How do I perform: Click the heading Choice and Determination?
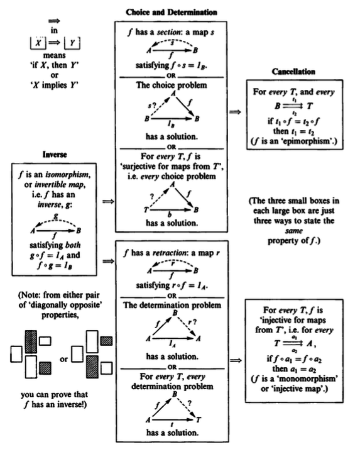172,13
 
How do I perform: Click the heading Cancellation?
293,72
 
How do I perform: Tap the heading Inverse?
55,155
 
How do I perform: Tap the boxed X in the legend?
38,43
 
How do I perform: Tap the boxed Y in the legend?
72,43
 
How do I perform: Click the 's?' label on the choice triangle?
152,106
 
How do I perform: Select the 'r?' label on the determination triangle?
192,321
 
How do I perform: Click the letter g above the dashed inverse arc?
56,216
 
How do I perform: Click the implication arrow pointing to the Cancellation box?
236,112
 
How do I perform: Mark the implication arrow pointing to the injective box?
236,360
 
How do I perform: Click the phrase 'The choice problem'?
172,85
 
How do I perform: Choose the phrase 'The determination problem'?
172,306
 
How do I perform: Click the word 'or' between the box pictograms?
64,360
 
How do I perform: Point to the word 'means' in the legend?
55,55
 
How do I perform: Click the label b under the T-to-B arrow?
170,214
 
